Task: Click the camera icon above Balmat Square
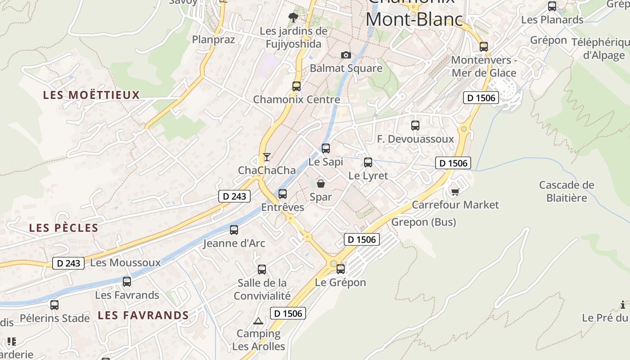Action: [x=346, y=55]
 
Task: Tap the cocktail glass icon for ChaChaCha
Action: [x=267, y=157]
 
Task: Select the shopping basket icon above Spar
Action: [x=321, y=183]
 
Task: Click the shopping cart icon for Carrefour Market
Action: [x=455, y=192]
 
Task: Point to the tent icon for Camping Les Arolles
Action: [x=258, y=321]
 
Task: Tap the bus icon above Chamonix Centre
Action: [x=296, y=86]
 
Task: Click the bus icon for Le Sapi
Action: [x=325, y=148]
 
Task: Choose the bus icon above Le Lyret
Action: [x=368, y=162]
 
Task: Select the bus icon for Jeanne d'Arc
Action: [x=234, y=230]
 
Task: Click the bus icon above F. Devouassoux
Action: [x=415, y=126]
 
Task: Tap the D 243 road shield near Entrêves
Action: [x=234, y=196]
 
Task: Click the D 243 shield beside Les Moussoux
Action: [x=68, y=263]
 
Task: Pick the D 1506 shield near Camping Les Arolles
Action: [x=288, y=313]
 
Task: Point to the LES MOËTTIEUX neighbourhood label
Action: [x=91, y=95]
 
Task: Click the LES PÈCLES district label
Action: [x=63, y=228]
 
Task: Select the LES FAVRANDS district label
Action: [x=143, y=315]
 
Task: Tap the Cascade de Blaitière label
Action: [x=567, y=191]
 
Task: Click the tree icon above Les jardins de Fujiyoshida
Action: [x=293, y=18]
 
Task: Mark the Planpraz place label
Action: [x=213, y=40]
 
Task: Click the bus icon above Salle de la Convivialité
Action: [x=262, y=270]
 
